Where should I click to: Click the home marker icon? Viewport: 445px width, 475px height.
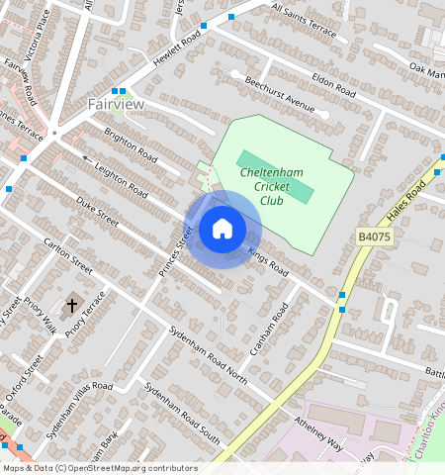pyautogui.click(x=222, y=229)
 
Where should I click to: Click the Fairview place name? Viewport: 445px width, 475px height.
pyautogui.click(x=116, y=104)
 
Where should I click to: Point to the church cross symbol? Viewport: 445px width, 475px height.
pyautogui.click(x=71, y=306)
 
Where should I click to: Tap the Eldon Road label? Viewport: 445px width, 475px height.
pyautogui.click(x=332, y=82)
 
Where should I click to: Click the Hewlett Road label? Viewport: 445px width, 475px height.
pyautogui.click(x=178, y=47)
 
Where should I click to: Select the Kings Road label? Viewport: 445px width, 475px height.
pyautogui.click(x=267, y=259)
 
